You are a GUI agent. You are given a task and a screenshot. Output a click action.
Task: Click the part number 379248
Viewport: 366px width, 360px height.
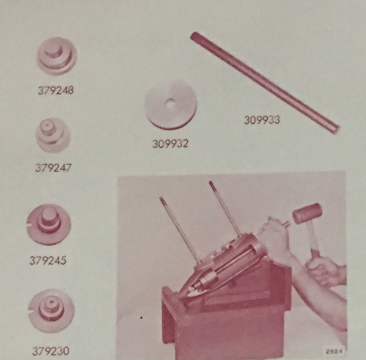point(56,90)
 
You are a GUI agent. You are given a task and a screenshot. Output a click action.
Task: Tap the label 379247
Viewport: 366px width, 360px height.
point(53,168)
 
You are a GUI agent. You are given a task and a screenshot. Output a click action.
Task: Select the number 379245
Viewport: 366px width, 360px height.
point(48,261)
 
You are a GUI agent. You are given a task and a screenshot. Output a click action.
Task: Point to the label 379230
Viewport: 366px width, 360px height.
point(51,351)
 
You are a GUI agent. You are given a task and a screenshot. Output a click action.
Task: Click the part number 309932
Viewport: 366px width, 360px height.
point(170,143)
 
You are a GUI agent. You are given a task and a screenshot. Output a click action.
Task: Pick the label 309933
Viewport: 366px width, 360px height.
point(262,120)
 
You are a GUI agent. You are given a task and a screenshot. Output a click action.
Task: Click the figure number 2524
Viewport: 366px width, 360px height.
point(334,351)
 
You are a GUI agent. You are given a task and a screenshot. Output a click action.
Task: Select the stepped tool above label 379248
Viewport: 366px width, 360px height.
point(57,56)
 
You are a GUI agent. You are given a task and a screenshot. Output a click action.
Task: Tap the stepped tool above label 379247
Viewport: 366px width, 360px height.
point(53,135)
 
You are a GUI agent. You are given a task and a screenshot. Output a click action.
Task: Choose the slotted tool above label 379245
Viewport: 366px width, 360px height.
point(49,225)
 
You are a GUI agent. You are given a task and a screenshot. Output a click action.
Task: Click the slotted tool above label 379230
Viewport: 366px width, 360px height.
point(51,311)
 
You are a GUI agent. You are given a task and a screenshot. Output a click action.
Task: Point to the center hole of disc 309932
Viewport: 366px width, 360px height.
point(170,104)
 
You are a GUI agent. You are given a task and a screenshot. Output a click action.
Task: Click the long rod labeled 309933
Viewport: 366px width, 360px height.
point(265,83)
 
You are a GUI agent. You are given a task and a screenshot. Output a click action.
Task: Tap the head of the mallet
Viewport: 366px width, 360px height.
point(307,212)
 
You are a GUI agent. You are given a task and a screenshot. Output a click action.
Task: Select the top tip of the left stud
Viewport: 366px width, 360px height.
point(161,198)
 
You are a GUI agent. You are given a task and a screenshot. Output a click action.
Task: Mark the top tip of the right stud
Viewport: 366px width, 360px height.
point(210,182)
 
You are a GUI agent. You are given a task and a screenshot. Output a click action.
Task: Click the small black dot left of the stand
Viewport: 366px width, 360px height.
point(142,317)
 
